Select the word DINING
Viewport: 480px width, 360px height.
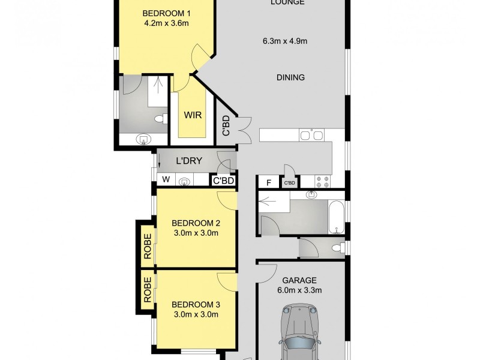[x=290, y=77]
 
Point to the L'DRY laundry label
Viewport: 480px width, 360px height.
[x=188, y=161]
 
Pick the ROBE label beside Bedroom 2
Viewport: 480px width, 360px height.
[x=146, y=245]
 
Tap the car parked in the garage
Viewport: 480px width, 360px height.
[x=298, y=333]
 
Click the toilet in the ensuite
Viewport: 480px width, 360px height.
[x=161, y=119]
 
